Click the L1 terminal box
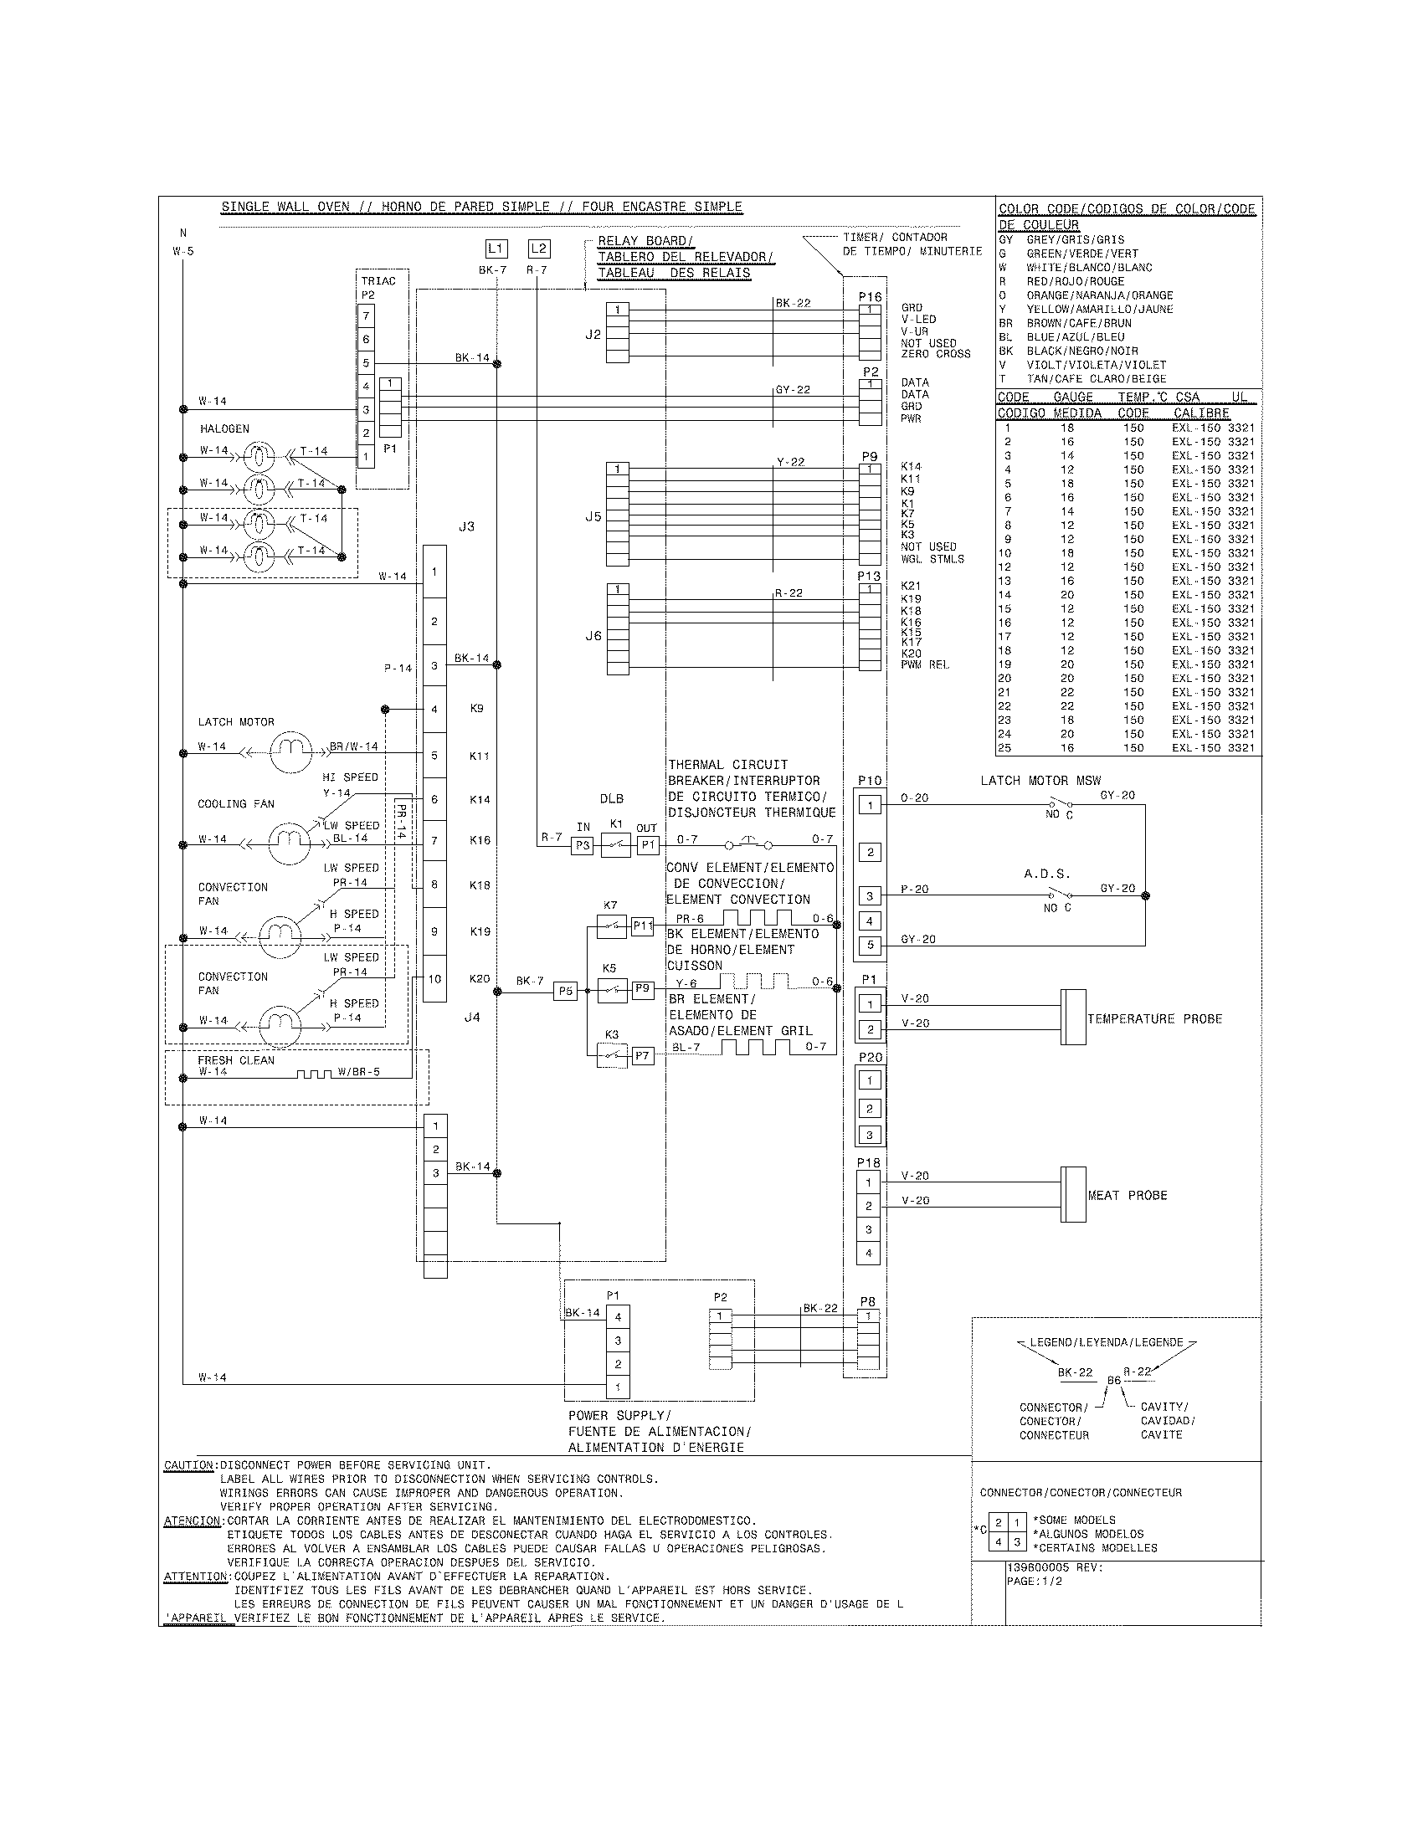tap(496, 249)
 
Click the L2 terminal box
tap(539, 249)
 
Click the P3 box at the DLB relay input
tap(583, 845)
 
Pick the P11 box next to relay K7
tap(643, 926)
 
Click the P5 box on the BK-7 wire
tap(565, 992)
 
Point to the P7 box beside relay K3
tap(643, 1055)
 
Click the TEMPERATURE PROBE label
tap(1154, 1019)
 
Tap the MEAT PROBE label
tap(1128, 1195)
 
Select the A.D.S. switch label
tap(1047, 874)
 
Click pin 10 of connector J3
tap(434, 979)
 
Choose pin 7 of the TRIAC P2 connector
tap(366, 316)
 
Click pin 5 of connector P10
tap(869, 946)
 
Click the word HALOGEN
tap(224, 429)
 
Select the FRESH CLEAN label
tap(236, 1060)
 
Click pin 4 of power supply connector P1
tap(618, 1316)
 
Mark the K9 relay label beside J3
tap(477, 709)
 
